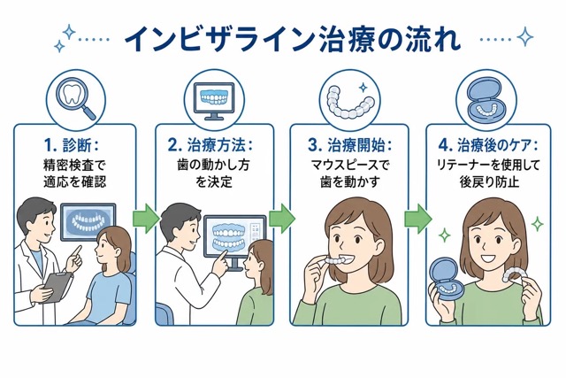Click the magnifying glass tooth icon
click(x=75, y=100)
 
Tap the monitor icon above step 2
click(x=214, y=101)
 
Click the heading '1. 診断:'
click(x=72, y=145)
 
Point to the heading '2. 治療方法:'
click(x=210, y=145)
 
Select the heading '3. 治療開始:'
click(x=350, y=145)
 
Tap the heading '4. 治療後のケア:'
click(x=488, y=145)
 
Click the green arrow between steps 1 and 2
click(x=146, y=219)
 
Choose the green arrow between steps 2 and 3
click(x=282, y=219)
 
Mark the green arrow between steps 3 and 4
click(x=417, y=219)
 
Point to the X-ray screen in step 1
click(x=88, y=221)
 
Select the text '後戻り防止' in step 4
click(x=489, y=181)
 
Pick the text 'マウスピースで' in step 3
click(x=350, y=166)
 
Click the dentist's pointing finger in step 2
click(x=220, y=261)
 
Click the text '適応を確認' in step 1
click(x=74, y=181)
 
